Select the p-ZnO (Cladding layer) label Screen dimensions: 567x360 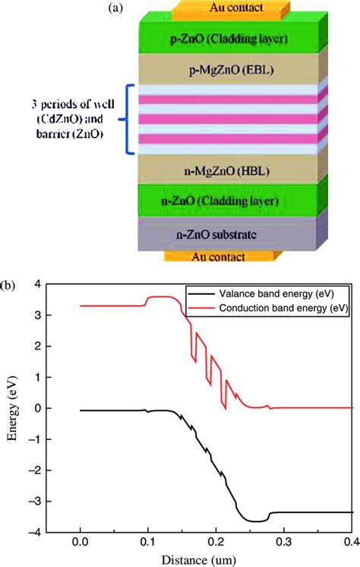(210, 37)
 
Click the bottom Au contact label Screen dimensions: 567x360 (210, 257)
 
